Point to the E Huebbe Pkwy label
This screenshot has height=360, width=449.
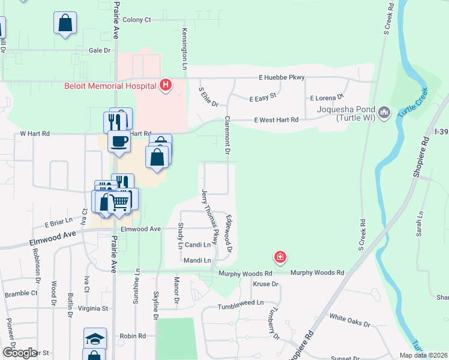click(x=282, y=77)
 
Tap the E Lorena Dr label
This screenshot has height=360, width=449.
click(x=327, y=97)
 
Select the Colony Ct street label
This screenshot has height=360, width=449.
click(x=137, y=20)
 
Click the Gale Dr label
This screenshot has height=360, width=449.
click(x=100, y=51)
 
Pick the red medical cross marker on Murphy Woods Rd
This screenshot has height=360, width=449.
click(x=280, y=258)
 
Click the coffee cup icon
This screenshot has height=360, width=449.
click(x=119, y=142)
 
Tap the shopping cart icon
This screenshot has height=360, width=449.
click(x=119, y=203)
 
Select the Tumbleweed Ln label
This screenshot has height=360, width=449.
click(x=240, y=303)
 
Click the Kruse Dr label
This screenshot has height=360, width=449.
click(x=267, y=284)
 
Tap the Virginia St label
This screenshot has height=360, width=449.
click(x=92, y=308)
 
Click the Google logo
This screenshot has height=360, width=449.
click(x=20, y=353)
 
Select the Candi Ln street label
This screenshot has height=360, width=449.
click(x=198, y=245)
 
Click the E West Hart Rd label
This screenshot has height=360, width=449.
click(x=276, y=120)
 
